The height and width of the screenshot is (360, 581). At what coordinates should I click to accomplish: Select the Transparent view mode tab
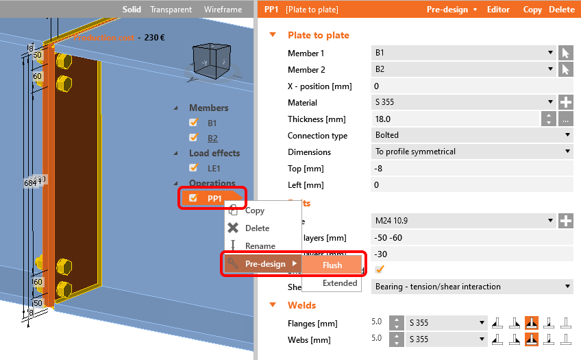[171, 10]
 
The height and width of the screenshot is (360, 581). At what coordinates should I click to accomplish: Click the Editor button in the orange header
[498, 10]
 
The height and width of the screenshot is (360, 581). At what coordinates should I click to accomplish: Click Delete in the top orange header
[562, 10]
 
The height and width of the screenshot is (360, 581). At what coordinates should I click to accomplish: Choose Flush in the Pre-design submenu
[332, 265]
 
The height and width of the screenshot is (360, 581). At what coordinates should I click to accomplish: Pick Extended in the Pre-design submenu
[340, 283]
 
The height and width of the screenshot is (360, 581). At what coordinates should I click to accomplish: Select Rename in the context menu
[260, 246]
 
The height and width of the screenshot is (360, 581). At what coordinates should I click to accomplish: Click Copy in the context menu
[254, 211]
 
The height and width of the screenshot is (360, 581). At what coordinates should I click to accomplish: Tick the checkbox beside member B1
[193, 123]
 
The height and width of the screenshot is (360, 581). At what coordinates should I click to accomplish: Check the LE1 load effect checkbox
[193, 167]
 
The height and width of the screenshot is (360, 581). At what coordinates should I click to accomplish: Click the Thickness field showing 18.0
[455, 119]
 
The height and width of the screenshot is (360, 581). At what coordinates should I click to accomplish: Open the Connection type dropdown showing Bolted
[472, 136]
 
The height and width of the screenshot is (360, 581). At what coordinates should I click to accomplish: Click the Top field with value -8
[472, 169]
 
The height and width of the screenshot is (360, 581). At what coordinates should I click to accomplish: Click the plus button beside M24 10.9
[566, 221]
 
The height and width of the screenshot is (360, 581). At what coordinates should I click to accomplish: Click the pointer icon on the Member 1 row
[565, 53]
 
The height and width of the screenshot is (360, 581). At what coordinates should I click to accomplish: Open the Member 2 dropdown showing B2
[464, 70]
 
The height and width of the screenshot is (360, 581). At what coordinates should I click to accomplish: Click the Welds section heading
[301, 305]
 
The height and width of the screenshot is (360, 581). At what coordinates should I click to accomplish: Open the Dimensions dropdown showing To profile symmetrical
[472, 152]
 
